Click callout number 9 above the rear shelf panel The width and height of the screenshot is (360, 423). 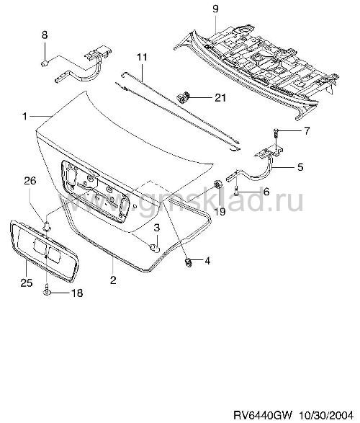pos(215,9)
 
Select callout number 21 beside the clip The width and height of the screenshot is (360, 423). pos(220,97)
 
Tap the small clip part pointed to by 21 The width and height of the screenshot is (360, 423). pos(183,97)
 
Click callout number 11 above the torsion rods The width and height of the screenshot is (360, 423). pos(142,57)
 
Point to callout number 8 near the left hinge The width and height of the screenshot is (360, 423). pos(45,35)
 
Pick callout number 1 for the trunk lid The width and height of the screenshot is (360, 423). pos(24,116)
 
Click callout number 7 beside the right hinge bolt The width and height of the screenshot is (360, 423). pos(307,131)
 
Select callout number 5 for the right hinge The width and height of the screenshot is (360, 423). pos(300,166)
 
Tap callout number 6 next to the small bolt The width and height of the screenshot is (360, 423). pos(266,192)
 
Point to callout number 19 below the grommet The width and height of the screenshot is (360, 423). pos(220,211)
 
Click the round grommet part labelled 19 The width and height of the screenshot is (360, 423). pos(217,185)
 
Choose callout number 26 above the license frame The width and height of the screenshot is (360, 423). pos(30,180)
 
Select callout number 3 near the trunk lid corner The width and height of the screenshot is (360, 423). pos(156,228)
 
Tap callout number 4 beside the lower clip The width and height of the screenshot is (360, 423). pos(207,261)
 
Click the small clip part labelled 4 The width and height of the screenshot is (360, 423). pos(188,262)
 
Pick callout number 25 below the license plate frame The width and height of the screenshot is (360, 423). pos(27,282)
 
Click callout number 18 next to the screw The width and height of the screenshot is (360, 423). pos(76,293)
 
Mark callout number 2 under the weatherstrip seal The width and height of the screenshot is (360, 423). pos(113,280)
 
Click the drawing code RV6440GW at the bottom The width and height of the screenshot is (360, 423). pos(263,414)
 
